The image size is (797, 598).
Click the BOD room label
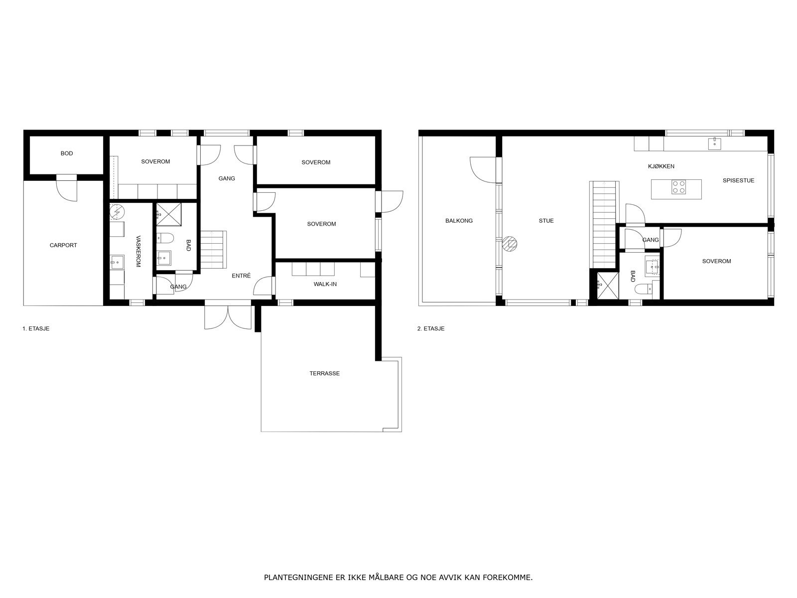pos(67,153)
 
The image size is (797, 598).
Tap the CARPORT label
pos(63,245)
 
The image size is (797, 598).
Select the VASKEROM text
pos(138,251)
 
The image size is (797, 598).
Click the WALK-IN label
pos(325,284)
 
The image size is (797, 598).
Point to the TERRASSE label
pos(324,373)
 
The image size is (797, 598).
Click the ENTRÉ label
pos(241,276)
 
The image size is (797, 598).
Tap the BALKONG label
pos(459,221)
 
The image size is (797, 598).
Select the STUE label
pos(546,221)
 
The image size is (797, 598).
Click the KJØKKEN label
pos(661,166)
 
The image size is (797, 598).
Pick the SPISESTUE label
pos(738,180)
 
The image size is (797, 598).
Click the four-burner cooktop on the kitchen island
pos(678,187)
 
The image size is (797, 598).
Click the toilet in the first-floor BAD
pos(165,237)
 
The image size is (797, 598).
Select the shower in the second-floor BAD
pos(606,285)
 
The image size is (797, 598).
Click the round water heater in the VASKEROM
pos(117,211)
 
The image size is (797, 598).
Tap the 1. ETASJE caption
pos(36,329)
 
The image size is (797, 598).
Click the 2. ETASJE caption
pos(431,329)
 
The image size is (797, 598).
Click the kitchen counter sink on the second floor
pos(715,144)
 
